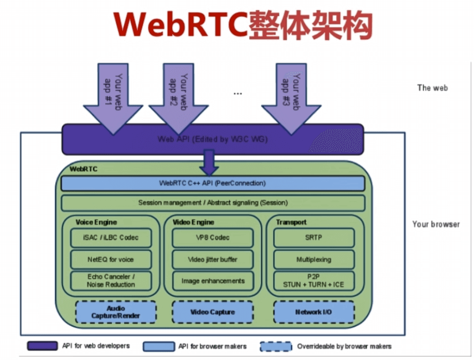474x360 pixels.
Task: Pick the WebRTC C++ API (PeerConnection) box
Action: [213, 183]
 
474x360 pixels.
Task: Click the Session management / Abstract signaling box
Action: [213, 203]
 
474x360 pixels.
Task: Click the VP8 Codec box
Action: [213, 238]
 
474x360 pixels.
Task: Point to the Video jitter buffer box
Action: [213, 259]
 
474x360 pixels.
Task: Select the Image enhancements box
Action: [213, 280]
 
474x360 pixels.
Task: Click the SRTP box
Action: [313, 238]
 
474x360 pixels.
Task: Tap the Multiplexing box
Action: [313, 259]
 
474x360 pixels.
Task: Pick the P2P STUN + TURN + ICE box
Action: [313, 280]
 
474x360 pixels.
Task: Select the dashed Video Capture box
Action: [213, 312]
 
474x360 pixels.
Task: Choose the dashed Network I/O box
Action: [313, 312]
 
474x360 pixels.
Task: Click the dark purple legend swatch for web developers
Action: [43, 346]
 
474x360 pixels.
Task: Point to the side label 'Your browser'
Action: [436, 224]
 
